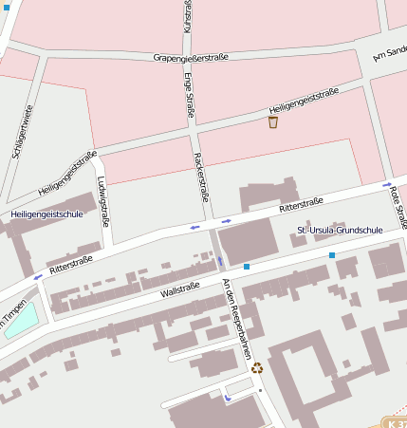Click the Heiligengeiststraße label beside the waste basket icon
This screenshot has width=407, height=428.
304,101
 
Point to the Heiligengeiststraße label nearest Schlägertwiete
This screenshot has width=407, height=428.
67,174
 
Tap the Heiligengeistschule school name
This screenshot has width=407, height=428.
47,214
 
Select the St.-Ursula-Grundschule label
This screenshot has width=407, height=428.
340,230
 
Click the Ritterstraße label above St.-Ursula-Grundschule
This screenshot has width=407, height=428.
301,205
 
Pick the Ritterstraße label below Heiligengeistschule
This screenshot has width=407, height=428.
70,264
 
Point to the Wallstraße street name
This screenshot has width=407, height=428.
179,289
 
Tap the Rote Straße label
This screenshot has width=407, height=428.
397,207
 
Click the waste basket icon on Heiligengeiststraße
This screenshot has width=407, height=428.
273,121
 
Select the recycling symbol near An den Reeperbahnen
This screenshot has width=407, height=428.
256,367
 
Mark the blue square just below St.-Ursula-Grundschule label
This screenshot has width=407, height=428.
332,255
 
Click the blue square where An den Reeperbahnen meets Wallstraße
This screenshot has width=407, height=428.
247,267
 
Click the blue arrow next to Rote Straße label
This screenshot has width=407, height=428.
387,185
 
